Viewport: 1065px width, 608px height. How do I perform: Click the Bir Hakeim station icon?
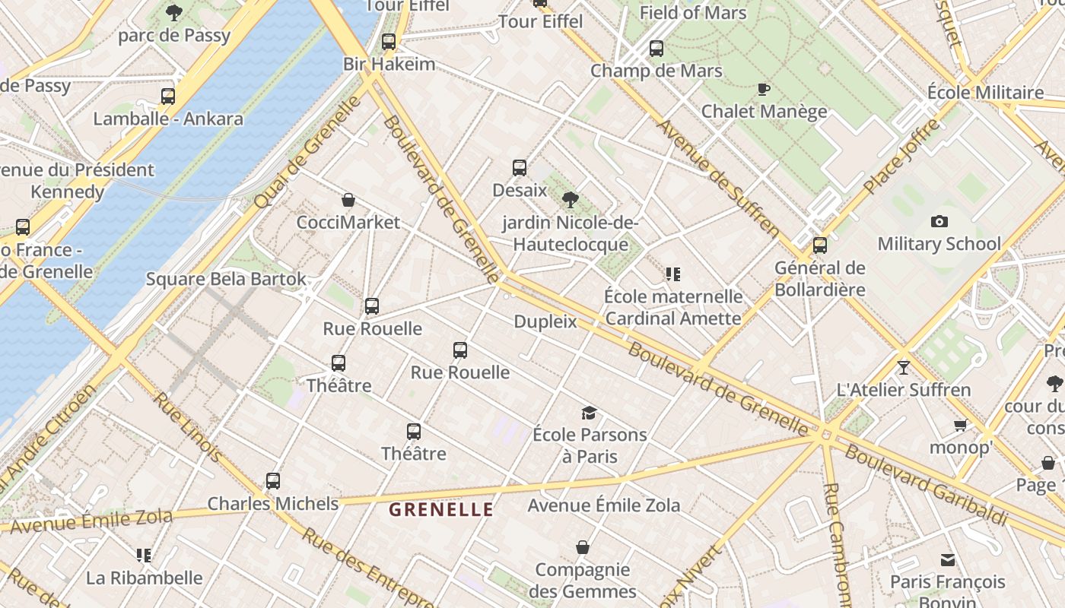[389, 42]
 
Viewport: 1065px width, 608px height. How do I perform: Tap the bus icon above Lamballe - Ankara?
[168, 97]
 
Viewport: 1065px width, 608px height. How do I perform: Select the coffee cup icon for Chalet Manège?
[764, 89]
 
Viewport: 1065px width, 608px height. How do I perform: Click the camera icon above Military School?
[939, 222]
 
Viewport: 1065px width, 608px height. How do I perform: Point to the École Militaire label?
[985, 93]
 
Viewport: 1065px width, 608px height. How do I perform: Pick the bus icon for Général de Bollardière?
[819, 245]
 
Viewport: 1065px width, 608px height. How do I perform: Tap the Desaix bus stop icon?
[520, 168]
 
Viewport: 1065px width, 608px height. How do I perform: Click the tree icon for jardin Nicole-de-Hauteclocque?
[570, 201]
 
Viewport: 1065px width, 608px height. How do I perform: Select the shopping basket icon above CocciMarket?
[348, 200]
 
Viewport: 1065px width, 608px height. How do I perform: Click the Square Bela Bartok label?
[226, 279]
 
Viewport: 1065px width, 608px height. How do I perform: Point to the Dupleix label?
[545, 321]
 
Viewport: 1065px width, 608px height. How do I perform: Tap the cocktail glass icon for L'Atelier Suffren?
[903, 368]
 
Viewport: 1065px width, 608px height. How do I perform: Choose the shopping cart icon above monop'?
[960, 426]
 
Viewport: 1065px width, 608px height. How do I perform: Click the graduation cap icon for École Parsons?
[589, 413]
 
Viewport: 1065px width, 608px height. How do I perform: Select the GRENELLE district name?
[441, 509]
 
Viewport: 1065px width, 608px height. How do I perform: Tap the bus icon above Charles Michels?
[273, 481]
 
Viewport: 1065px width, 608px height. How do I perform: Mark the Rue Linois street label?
[188, 427]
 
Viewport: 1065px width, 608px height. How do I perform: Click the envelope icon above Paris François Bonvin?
[947, 560]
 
